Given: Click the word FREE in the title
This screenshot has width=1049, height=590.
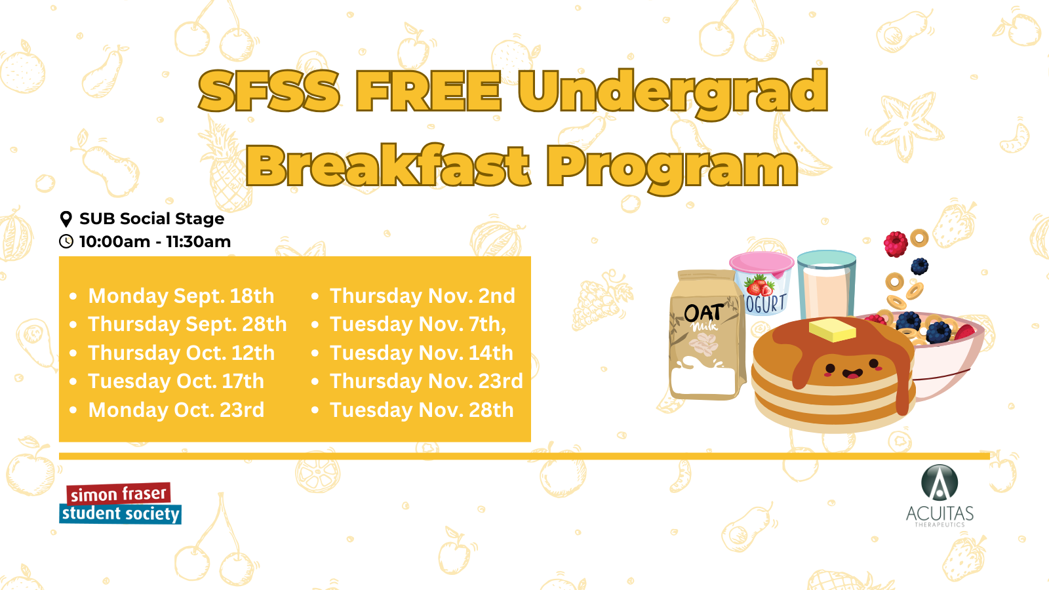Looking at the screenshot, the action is tap(429, 91).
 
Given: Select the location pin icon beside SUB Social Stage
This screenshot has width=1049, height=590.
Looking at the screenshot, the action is tap(66, 219).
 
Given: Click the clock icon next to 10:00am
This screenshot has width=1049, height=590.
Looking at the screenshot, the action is tap(66, 241).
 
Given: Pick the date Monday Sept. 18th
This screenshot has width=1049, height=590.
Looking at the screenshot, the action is tap(181, 296).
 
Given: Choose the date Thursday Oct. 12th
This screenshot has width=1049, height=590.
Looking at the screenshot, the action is tap(181, 353).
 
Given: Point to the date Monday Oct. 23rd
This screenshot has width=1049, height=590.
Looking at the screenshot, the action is tap(176, 410).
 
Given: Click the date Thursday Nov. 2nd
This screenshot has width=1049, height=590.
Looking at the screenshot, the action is tap(422, 296).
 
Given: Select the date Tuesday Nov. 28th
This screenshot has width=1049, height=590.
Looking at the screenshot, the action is tap(422, 410).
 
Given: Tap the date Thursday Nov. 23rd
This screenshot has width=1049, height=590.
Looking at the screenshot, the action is tap(426, 381).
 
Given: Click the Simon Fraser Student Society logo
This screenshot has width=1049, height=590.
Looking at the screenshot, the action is tap(120, 503).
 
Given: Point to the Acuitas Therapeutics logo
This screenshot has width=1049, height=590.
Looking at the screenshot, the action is tap(940, 496).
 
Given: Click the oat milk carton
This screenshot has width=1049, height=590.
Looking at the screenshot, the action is tap(707, 335).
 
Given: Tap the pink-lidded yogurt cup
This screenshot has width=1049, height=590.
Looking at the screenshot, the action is tap(762, 283).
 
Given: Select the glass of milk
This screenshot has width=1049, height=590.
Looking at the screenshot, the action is tap(827, 285).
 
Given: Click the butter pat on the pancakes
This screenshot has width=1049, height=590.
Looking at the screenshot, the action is tap(832, 330).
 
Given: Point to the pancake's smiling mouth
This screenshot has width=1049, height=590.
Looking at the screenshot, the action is tap(852, 374).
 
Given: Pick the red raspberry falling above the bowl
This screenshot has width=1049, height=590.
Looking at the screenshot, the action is tap(896, 244).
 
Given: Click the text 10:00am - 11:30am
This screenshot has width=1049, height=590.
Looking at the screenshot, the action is tap(155, 242).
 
